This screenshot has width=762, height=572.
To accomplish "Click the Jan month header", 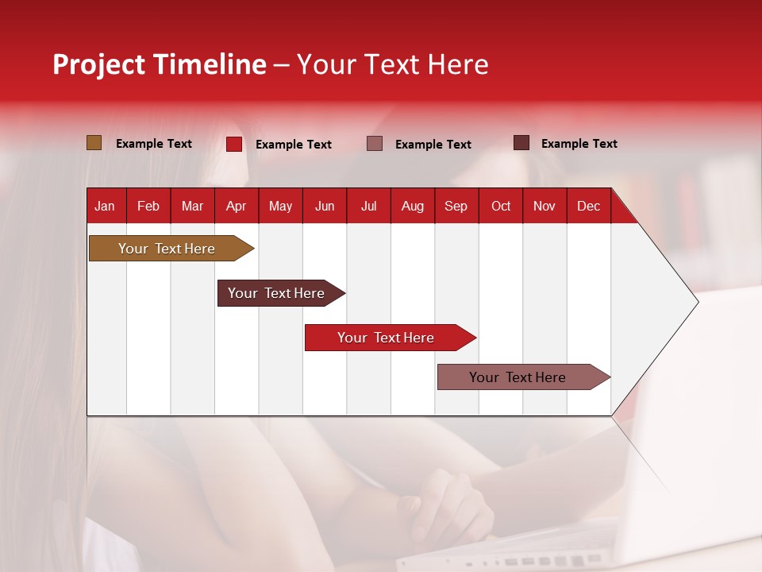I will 106,206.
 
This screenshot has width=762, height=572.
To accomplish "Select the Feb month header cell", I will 148,206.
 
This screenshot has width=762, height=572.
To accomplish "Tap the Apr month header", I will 237,206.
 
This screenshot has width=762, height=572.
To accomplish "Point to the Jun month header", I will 325,206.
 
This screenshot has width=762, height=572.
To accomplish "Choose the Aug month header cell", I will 413,206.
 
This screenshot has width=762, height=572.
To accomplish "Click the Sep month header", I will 456,206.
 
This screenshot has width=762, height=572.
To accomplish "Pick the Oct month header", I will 501,206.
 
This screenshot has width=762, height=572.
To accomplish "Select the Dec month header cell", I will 589,206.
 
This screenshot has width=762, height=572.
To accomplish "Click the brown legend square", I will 94,143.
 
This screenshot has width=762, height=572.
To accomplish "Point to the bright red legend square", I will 234,144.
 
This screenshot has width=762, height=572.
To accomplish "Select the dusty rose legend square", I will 375,144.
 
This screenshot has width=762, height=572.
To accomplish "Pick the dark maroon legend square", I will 521,143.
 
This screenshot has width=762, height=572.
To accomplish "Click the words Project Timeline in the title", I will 160,64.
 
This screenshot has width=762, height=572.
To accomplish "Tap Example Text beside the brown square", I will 154,144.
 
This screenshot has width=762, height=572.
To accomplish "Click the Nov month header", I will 545,206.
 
